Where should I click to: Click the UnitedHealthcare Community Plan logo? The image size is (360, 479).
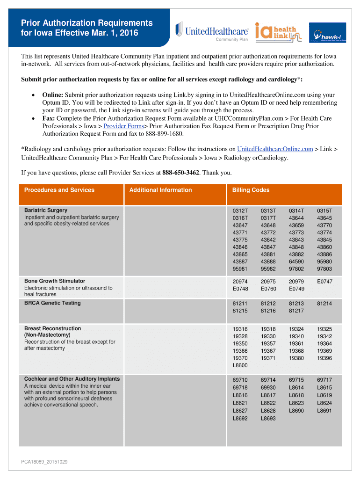[x=211, y=31]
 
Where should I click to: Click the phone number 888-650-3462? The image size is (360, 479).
[x=181, y=173]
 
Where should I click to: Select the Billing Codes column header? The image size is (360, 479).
[x=251, y=190]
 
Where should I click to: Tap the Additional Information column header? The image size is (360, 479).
[x=160, y=190]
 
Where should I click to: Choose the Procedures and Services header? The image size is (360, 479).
[x=59, y=190]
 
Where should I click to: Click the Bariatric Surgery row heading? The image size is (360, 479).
[x=46, y=210]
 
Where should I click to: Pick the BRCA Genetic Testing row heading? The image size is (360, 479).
[x=52, y=303]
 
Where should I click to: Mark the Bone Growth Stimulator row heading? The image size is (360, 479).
[x=55, y=281]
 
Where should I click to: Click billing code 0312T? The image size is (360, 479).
[x=240, y=210]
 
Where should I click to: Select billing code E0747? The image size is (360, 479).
[x=324, y=281]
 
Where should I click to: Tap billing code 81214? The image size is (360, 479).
[x=324, y=303]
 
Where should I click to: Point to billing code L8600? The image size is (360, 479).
[x=240, y=365]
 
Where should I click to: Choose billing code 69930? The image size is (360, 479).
[x=268, y=388]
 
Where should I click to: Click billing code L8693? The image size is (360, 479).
[x=268, y=418]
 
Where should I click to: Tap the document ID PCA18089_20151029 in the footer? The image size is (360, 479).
[x=44, y=462]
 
